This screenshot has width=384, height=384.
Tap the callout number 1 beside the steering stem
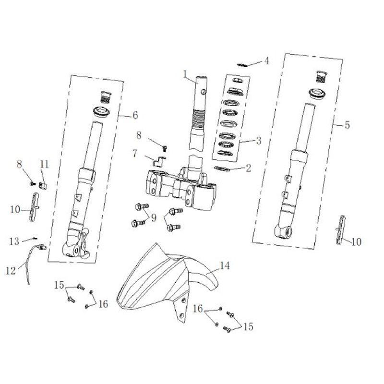pos(185,74)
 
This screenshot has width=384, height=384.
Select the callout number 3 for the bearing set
pos(259,141)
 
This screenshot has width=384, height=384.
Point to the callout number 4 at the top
pos(267,61)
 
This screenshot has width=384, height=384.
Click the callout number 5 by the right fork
pos(347,125)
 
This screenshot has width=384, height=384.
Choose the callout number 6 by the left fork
pos(135,115)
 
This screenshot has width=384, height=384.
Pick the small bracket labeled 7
pos(159,161)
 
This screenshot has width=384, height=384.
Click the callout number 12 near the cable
pos(11,271)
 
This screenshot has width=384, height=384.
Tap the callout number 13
pos(14,241)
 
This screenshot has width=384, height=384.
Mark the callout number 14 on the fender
pos(225,265)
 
